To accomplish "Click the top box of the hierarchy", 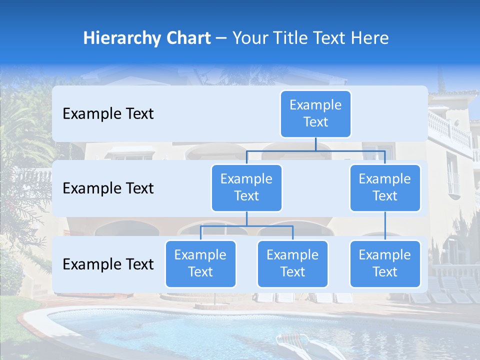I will (x=315, y=113).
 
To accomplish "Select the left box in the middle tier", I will (x=246, y=187).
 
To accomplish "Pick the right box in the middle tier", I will (x=385, y=187).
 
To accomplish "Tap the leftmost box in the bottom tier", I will (x=200, y=263).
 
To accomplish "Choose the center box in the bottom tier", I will (x=292, y=263).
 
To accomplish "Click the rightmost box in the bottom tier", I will (x=385, y=263).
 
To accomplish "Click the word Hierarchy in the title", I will (x=119, y=38).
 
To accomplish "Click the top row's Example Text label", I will (x=108, y=114).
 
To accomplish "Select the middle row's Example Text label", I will (x=108, y=188).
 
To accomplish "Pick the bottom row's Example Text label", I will (x=108, y=264).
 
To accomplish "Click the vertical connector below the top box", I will (x=315, y=143).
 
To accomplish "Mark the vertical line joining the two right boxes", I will (x=385, y=226).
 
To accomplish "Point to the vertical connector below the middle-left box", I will (x=246, y=218).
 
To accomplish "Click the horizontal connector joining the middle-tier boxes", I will (x=315, y=150).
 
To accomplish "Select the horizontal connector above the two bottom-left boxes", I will (x=246, y=226).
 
